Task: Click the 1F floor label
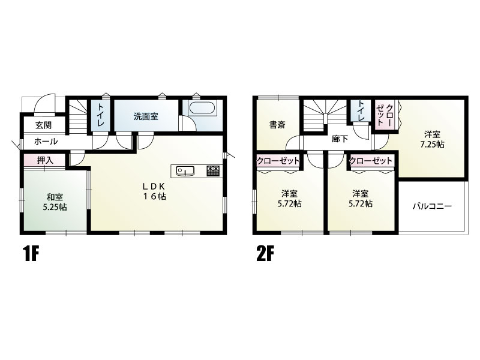point(32,254)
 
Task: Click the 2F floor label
point(265,254)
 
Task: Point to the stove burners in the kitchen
point(213,171)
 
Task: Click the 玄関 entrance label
point(43,125)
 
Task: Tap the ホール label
point(46,142)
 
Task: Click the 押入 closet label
point(45,160)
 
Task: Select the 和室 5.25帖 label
point(55,202)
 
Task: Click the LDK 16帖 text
point(155,191)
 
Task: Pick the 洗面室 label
point(146,116)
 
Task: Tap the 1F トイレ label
point(101,115)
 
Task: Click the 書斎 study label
point(277,125)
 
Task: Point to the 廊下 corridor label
point(340,139)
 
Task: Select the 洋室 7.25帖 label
point(432,139)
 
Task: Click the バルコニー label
point(432,206)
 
